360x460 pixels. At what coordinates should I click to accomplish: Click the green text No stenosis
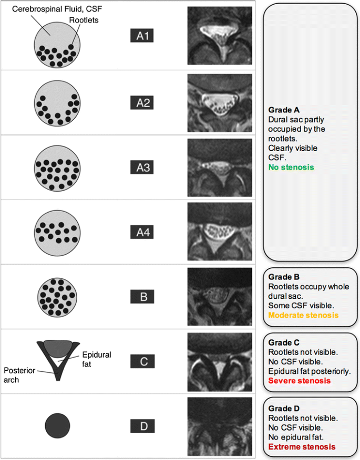click(291, 168)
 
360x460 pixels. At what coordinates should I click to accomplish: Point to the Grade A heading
click(284, 110)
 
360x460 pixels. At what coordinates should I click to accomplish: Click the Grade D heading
click(284, 408)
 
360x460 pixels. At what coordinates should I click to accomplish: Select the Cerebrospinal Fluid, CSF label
click(47, 10)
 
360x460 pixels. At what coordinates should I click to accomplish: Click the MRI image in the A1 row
click(220, 35)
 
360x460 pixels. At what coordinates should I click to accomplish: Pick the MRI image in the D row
click(220, 427)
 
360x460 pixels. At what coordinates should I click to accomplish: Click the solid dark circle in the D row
click(57, 425)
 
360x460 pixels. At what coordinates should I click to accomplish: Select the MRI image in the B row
click(220, 297)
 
